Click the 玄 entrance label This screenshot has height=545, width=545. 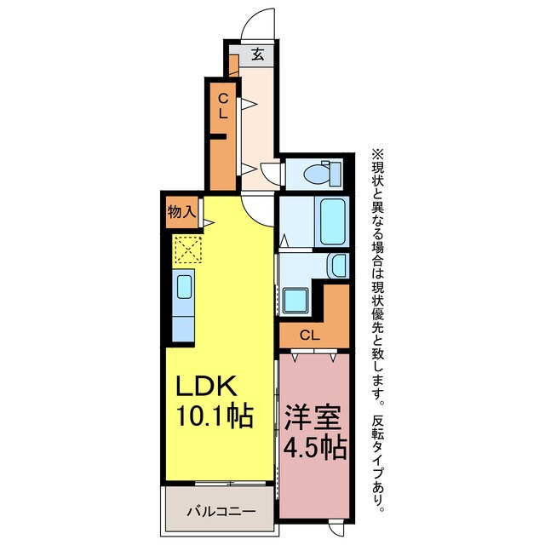[256, 55]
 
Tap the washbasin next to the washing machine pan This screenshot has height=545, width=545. [338, 266]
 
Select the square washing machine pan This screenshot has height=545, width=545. [296, 299]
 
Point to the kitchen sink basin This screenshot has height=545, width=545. [185, 286]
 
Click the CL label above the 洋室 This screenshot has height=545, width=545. [310, 335]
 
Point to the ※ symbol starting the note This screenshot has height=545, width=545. [376, 155]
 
